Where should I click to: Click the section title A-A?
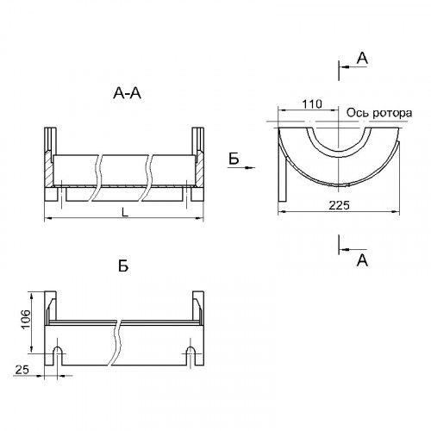(127, 93)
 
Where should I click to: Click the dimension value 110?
(312, 104)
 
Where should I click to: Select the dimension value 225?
(339, 205)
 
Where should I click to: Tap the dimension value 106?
(25, 319)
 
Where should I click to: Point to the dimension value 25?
(22, 370)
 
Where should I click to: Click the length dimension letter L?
(125, 212)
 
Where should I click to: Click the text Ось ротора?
(379, 113)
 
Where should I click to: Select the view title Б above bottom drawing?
(123, 266)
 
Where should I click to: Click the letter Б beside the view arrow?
(234, 159)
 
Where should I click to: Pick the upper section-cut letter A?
(362, 59)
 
